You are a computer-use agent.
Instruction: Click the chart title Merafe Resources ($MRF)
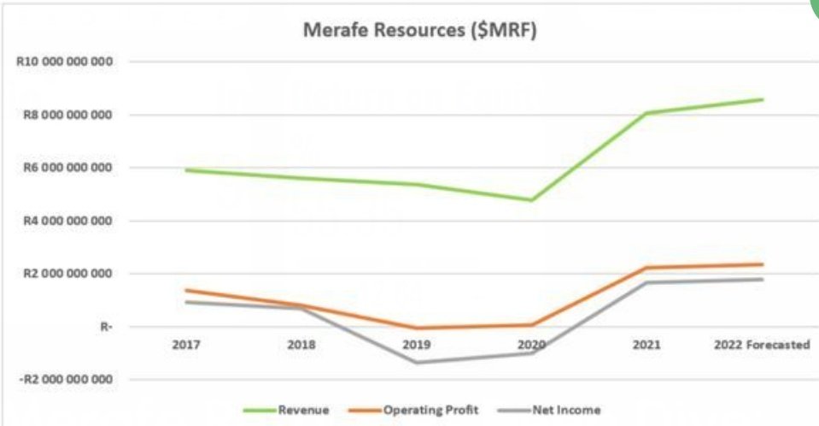pyautogui.click(x=420, y=30)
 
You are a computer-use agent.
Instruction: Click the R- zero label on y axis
pyautogui.click(x=107, y=327)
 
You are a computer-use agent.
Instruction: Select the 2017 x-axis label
pyautogui.click(x=185, y=345)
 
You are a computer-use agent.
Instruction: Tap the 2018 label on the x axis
pyautogui.click(x=301, y=345)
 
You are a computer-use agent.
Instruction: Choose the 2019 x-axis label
pyautogui.click(x=417, y=345)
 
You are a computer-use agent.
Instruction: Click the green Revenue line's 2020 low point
pyautogui.click(x=532, y=200)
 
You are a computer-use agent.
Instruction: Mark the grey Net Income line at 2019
pyautogui.click(x=417, y=363)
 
